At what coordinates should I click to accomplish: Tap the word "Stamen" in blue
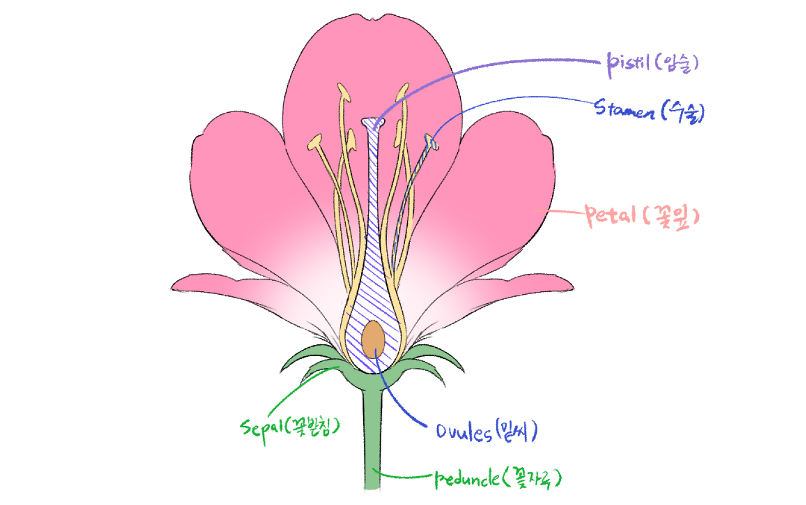pos(624,109)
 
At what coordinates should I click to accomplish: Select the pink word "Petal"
pos(611,215)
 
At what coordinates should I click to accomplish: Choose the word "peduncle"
pos(467,479)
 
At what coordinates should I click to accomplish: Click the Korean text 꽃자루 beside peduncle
pos(533,478)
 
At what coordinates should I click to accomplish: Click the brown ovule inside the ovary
pos(373,339)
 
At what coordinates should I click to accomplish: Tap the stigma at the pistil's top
pos(372,122)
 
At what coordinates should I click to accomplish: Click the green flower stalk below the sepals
pos(372,440)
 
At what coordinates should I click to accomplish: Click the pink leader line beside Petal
pos(558,212)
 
